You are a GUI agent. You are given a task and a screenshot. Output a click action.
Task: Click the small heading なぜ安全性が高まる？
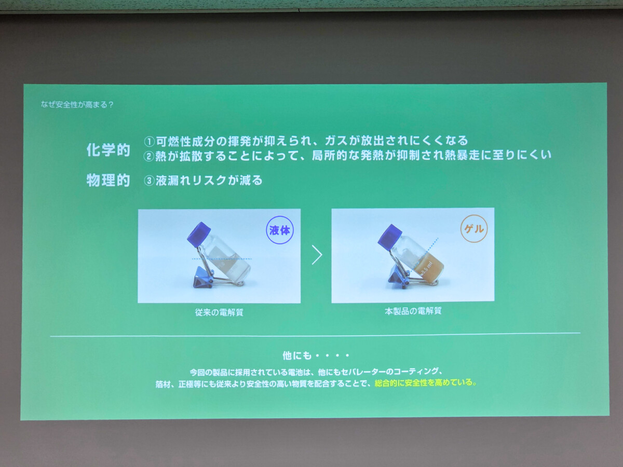point(77,105)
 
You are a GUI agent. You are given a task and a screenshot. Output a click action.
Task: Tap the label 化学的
point(108,150)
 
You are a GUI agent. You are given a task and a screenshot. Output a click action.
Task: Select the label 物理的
point(108,180)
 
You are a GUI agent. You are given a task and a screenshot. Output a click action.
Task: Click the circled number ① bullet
point(150,142)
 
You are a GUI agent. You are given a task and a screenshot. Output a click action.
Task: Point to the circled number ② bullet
point(148,156)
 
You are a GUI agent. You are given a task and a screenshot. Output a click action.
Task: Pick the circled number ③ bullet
point(149,181)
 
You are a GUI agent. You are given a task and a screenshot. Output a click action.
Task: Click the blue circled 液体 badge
point(280,230)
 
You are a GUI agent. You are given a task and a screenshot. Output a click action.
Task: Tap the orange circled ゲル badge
point(473,228)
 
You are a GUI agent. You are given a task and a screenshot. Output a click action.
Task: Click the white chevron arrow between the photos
point(317,255)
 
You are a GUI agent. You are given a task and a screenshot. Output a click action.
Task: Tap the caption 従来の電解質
point(219,312)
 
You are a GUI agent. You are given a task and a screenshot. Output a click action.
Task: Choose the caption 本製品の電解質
point(413,311)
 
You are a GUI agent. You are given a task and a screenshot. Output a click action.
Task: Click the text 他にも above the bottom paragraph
point(297,355)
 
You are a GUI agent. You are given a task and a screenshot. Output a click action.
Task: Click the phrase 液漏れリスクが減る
point(209,181)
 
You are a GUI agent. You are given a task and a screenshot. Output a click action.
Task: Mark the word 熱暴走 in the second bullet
point(462,155)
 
